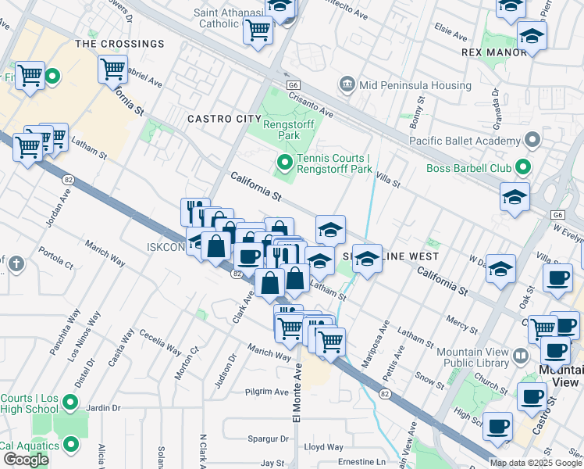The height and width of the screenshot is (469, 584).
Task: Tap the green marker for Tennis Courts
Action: pyautogui.click(x=285, y=163)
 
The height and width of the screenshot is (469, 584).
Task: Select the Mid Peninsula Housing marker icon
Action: pyautogui.click(x=347, y=84)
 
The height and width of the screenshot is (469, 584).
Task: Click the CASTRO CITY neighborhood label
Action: pyautogui.click(x=224, y=119)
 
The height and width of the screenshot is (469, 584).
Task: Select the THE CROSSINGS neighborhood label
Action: pyautogui.click(x=119, y=45)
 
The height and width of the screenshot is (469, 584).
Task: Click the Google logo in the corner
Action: pyautogui.click(x=26, y=459)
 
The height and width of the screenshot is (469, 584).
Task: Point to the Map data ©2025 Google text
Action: pyautogui.click(x=536, y=463)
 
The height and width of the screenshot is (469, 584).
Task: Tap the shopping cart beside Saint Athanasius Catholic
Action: pyautogui.click(x=258, y=31)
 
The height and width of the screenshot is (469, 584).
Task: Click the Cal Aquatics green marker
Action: pyautogui.click(x=71, y=446)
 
